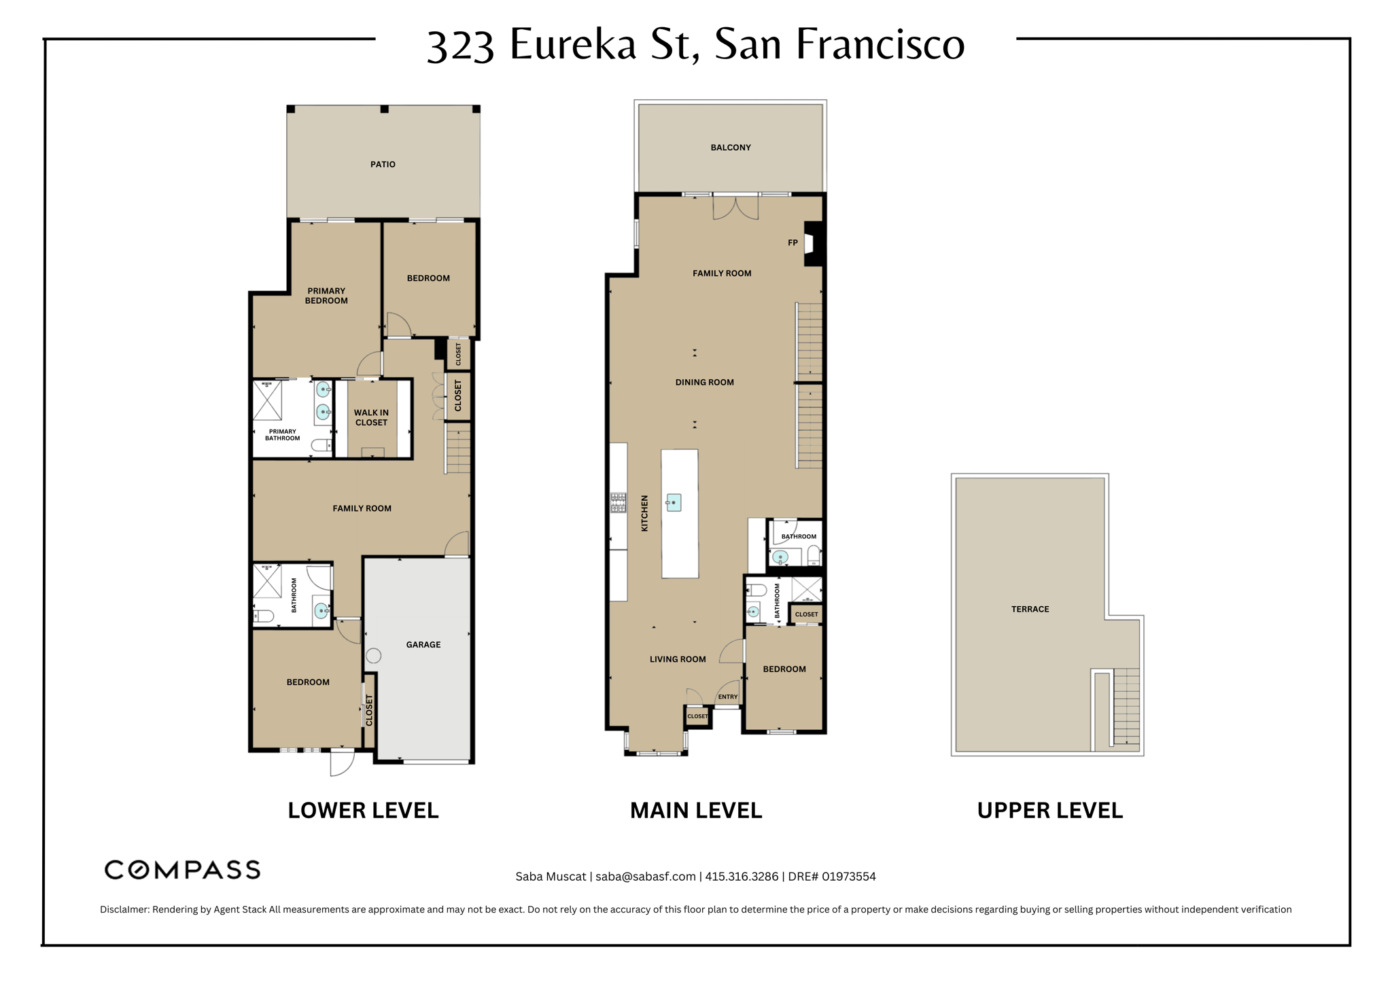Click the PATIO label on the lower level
coord(383,164)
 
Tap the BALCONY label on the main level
coord(731,147)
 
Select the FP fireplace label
coord(793,243)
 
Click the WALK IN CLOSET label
coord(371,417)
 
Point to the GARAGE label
coord(423,644)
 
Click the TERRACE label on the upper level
coord(1030,609)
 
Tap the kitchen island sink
coord(674,502)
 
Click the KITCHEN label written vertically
coord(644,513)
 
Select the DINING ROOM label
coord(704,382)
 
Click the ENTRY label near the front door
coord(727,697)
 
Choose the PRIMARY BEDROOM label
coord(326,296)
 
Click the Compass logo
coord(182,870)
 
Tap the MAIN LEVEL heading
coord(696,810)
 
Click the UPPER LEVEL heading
coord(1049,810)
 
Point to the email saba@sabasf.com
coord(645,876)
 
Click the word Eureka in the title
coord(573,44)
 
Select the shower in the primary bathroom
coord(268,400)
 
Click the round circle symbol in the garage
coord(374,656)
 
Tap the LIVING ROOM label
coord(678,659)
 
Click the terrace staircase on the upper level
coord(1126,707)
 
